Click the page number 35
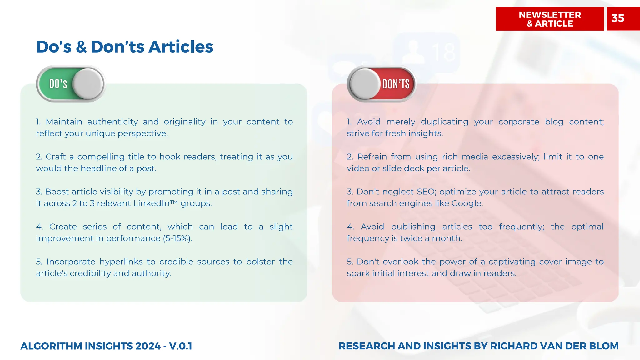[x=617, y=18]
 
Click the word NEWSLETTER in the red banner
[x=550, y=15]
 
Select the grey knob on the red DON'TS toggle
[x=365, y=84]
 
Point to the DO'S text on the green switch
[x=58, y=84]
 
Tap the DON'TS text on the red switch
[x=396, y=84]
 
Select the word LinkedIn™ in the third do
[x=155, y=203]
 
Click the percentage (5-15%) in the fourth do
[x=177, y=238]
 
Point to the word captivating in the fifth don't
[x=512, y=262]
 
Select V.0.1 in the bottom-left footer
[x=180, y=346]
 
